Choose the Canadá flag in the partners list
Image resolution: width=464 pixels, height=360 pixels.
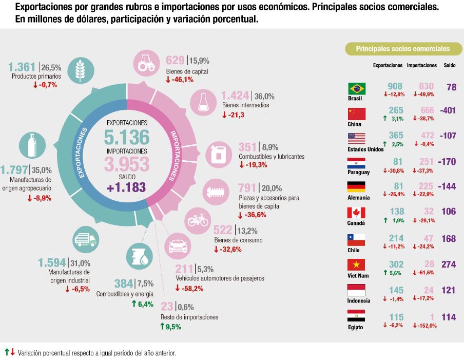356,213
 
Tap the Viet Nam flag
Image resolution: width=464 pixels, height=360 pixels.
356,264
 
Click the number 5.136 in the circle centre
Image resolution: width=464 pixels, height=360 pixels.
127,137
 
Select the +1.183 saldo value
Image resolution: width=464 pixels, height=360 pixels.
127,187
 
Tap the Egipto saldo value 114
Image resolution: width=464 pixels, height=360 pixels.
448,317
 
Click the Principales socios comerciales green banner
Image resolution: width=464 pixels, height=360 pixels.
403,49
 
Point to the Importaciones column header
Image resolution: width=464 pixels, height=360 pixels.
422,66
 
